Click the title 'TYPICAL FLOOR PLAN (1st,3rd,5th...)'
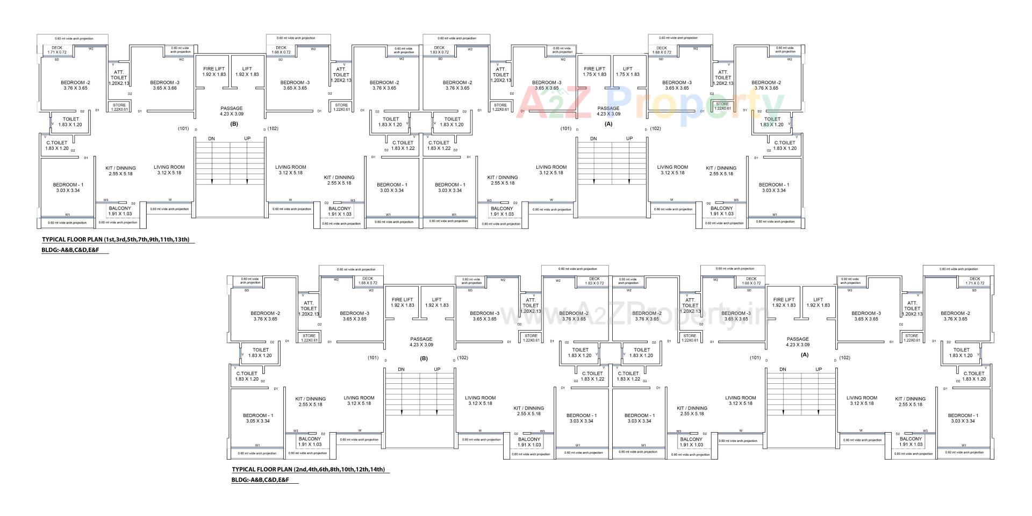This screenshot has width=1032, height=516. tap(116, 240)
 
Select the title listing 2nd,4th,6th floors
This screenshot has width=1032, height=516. tap(308, 469)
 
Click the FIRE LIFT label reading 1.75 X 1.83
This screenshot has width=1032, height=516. tap(594, 71)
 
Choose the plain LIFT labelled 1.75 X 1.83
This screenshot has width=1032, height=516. tap(627, 71)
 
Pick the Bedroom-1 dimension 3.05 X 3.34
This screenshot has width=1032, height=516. tap(257, 418)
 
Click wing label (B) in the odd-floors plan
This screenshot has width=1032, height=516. tap(234, 124)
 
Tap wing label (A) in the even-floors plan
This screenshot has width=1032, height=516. tap(805, 355)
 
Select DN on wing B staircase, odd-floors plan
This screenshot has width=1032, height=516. tap(211, 139)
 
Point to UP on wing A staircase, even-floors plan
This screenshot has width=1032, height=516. tap(819, 369)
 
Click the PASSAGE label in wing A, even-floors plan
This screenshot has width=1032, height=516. tap(798, 342)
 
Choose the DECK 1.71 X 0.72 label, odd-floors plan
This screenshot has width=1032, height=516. tap(56, 49)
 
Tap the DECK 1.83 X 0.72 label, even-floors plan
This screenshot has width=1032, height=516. tap(594, 281)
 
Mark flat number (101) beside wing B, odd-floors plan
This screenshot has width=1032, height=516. tap(183, 128)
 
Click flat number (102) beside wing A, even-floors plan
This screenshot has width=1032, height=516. tap(844, 357)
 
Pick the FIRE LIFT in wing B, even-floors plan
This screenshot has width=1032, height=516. tap(402, 302)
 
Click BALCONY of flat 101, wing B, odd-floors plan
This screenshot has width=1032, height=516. tap(120, 211)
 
